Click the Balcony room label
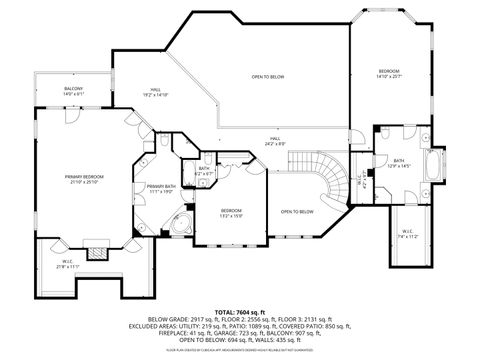pyautogui.click(x=74, y=91)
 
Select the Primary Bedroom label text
pyautogui.click(x=88, y=178)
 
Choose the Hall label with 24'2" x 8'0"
pyautogui.click(x=274, y=142)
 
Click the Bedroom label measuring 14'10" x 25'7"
pyautogui.click(x=388, y=73)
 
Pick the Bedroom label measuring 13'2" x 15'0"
pyautogui.click(x=231, y=212)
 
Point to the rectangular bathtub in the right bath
pyautogui.click(x=433, y=165)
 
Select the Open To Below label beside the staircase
pyautogui.click(x=297, y=212)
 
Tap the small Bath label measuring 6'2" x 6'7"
pyautogui.click(x=203, y=172)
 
